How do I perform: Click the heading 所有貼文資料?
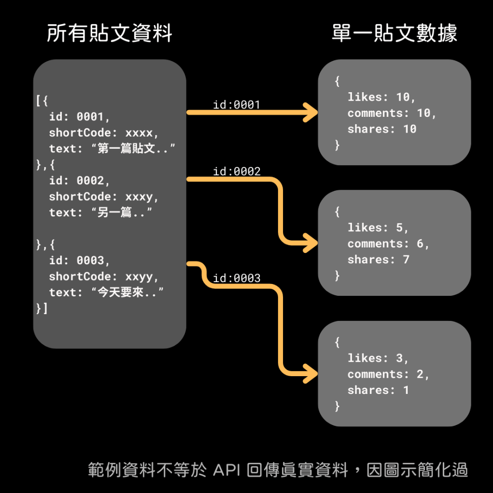[x=109, y=34]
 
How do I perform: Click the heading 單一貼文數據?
[x=394, y=34]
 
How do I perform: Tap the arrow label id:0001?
[x=236, y=105]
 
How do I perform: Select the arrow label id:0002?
[x=237, y=172]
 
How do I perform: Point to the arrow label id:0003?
[x=237, y=279]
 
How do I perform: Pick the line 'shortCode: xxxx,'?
[x=104, y=133]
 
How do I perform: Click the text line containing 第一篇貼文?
[x=112, y=149]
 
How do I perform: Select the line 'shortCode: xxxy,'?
[x=104, y=197]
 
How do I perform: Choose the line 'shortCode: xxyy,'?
[x=104, y=277]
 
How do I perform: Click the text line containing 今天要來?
[x=106, y=292]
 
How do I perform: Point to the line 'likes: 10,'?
[x=382, y=97]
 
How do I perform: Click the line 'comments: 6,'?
[x=388, y=244]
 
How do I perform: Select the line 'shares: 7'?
[x=378, y=259]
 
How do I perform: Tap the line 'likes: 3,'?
[x=378, y=358]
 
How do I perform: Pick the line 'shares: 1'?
[x=378, y=390]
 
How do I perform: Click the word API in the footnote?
[x=228, y=470]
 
